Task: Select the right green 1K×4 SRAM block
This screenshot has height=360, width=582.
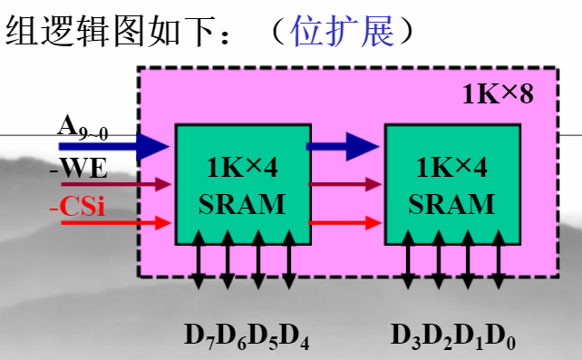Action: pyautogui.click(x=451, y=184)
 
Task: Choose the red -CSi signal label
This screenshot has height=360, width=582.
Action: pyautogui.click(x=77, y=207)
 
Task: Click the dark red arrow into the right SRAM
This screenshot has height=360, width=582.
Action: pyautogui.click(x=344, y=184)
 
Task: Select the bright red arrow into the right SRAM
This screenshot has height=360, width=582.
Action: pyautogui.click(x=344, y=221)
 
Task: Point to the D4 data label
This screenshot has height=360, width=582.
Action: pyautogui.click(x=297, y=336)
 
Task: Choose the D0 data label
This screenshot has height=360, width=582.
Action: pyautogui.click(x=504, y=336)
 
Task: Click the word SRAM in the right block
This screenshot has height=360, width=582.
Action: pyautogui.click(x=451, y=203)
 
